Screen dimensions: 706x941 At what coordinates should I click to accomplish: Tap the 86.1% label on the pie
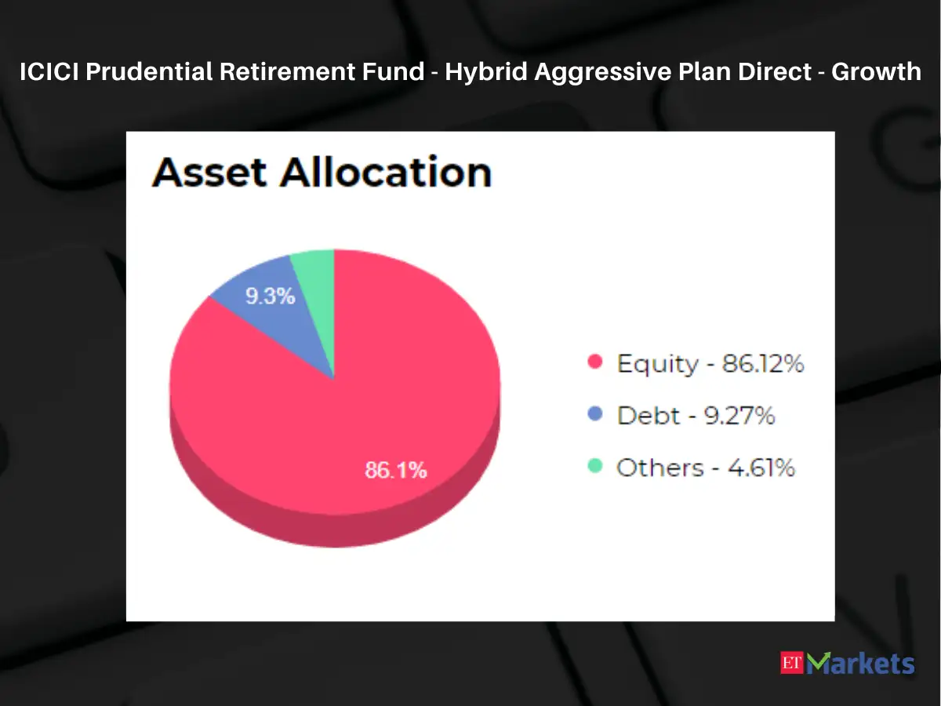click(396, 471)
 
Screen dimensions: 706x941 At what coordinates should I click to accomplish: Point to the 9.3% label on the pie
click(270, 297)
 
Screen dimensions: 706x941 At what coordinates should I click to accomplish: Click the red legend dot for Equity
click(595, 362)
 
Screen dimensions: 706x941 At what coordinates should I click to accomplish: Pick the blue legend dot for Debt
click(595, 414)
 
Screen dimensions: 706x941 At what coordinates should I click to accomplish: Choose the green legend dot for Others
click(595, 466)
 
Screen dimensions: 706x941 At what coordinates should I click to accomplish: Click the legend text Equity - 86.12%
click(710, 363)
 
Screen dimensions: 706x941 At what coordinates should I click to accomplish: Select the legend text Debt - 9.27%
click(696, 415)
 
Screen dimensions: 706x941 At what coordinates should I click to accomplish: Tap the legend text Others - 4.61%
click(706, 468)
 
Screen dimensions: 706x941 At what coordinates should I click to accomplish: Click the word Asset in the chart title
click(209, 172)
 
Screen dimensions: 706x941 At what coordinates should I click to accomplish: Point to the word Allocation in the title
click(386, 172)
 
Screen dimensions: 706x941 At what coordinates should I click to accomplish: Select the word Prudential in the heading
click(147, 72)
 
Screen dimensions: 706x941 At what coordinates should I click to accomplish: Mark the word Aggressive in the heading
click(604, 72)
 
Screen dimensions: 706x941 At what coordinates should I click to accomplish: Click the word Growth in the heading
click(876, 72)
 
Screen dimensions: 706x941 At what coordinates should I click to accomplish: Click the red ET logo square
click(793, 663)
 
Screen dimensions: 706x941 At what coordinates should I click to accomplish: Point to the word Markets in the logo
click(863, 664)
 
